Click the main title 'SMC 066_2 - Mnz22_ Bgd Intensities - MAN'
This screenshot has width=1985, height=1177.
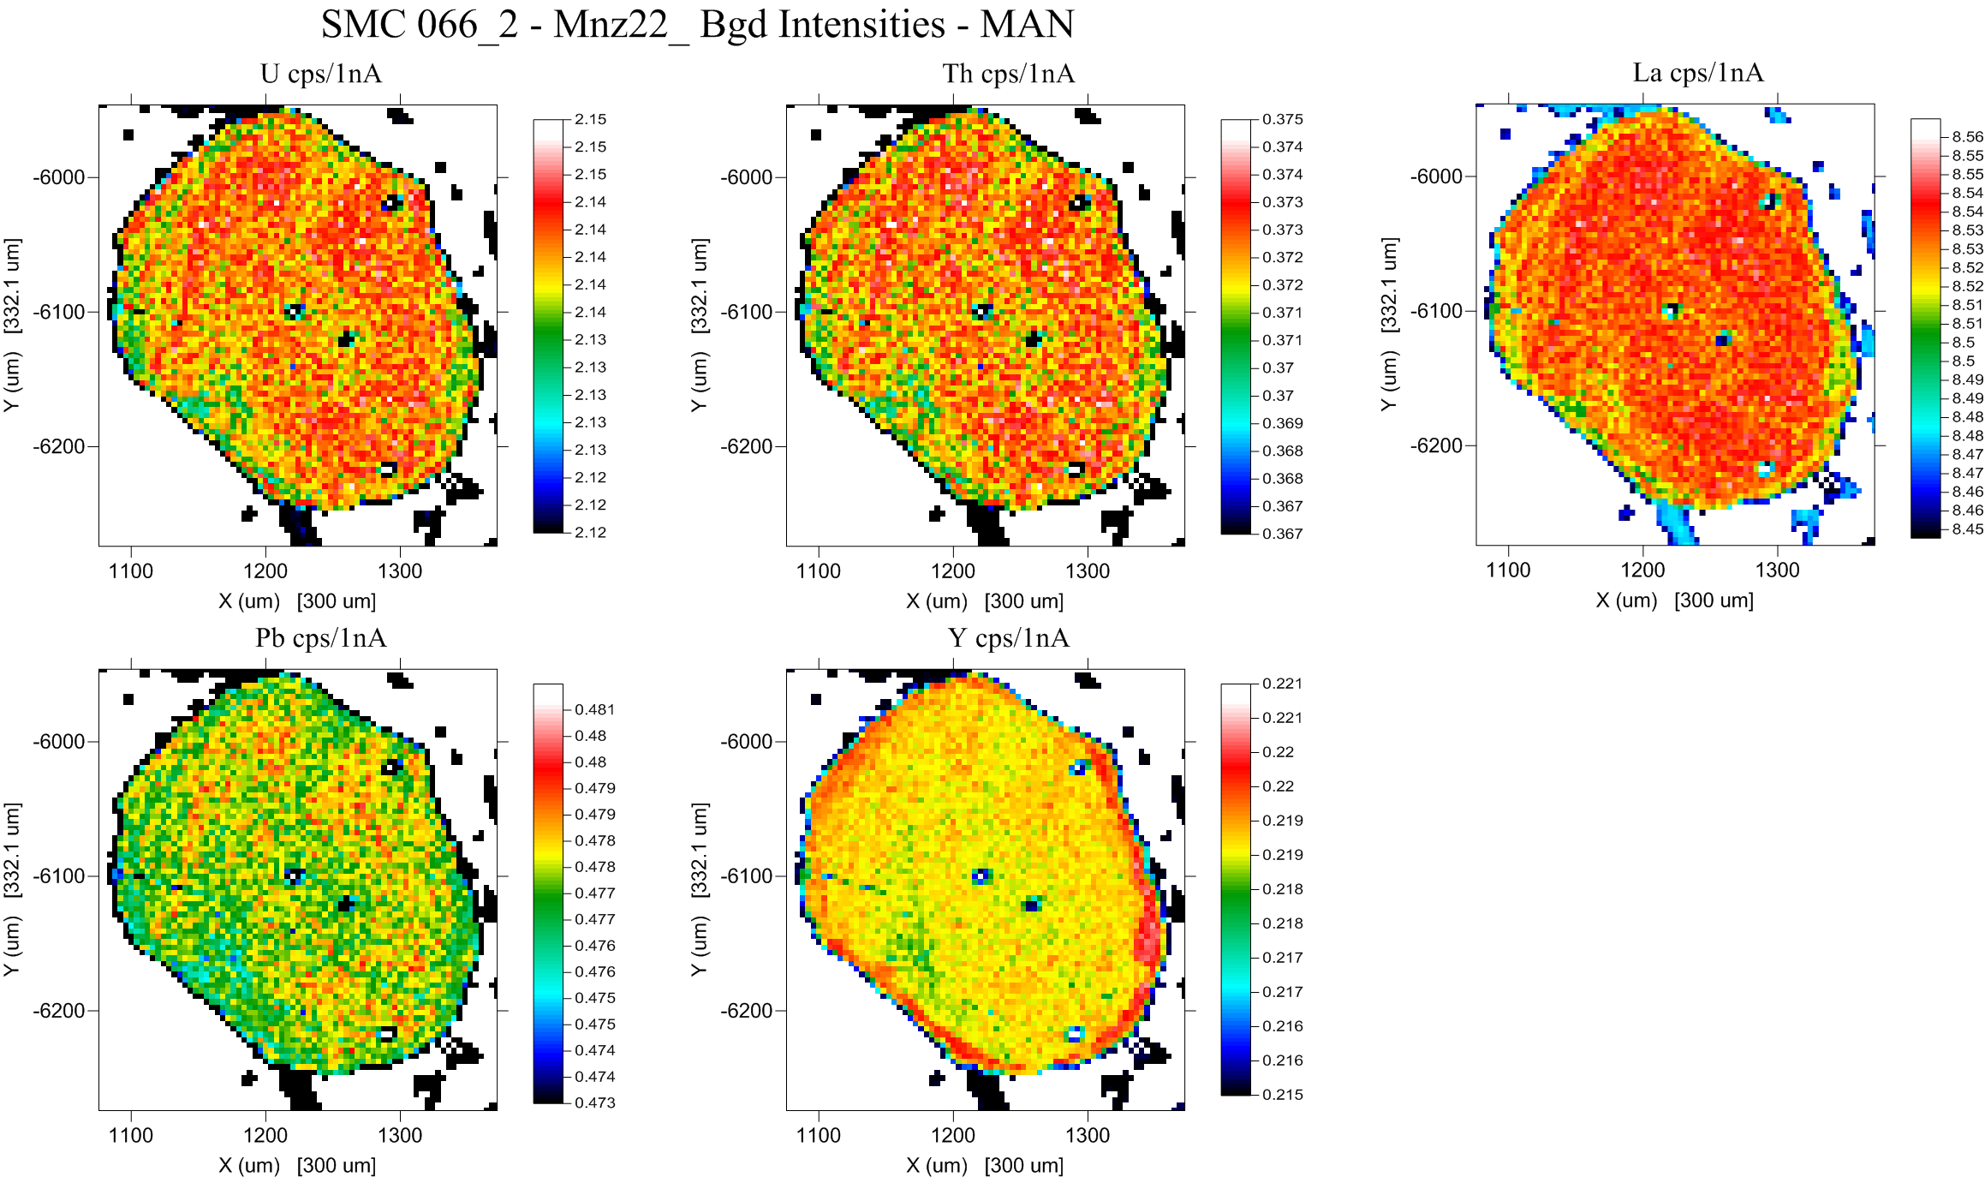(697, 24)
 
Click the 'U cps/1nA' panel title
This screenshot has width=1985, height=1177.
(321, 74)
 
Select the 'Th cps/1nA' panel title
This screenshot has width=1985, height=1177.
(1009, 74)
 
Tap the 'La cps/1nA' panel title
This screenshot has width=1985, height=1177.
(1698, 73)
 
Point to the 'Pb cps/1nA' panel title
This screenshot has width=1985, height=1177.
(321, 638)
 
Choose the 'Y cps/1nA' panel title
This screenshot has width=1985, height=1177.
(1009, 638)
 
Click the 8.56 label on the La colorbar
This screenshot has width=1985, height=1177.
(1967, 137)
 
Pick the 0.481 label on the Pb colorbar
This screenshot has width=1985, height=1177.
(595, 709)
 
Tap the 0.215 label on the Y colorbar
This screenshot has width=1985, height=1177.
(1283, 1095)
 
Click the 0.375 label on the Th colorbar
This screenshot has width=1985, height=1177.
(1283, 120)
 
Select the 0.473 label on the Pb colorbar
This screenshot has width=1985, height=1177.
(595, 1102)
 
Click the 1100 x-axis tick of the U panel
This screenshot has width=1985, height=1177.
(131, 571)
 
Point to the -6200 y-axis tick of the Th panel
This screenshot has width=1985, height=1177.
(746, 447)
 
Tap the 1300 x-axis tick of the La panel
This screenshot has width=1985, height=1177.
(1777, 571)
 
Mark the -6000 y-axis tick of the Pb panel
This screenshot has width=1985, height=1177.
(58, 742)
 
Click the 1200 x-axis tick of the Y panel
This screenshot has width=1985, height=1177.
(953, 1136)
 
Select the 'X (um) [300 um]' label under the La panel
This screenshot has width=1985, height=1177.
(1674, 600)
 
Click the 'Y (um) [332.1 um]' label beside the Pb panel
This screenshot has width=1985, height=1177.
(12, 889)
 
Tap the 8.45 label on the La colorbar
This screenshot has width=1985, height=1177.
(1967, 529)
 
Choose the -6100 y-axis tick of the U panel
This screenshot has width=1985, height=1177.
(58, 313)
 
